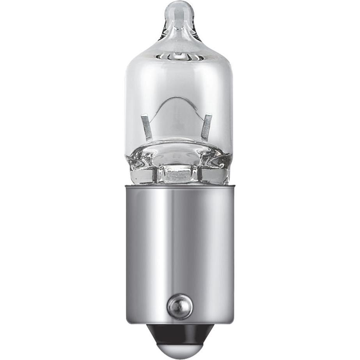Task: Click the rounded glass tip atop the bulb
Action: pos(180,12)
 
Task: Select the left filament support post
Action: pos(146,127)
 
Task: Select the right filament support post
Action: pos(207,127)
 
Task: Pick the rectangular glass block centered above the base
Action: pos(180,174)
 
